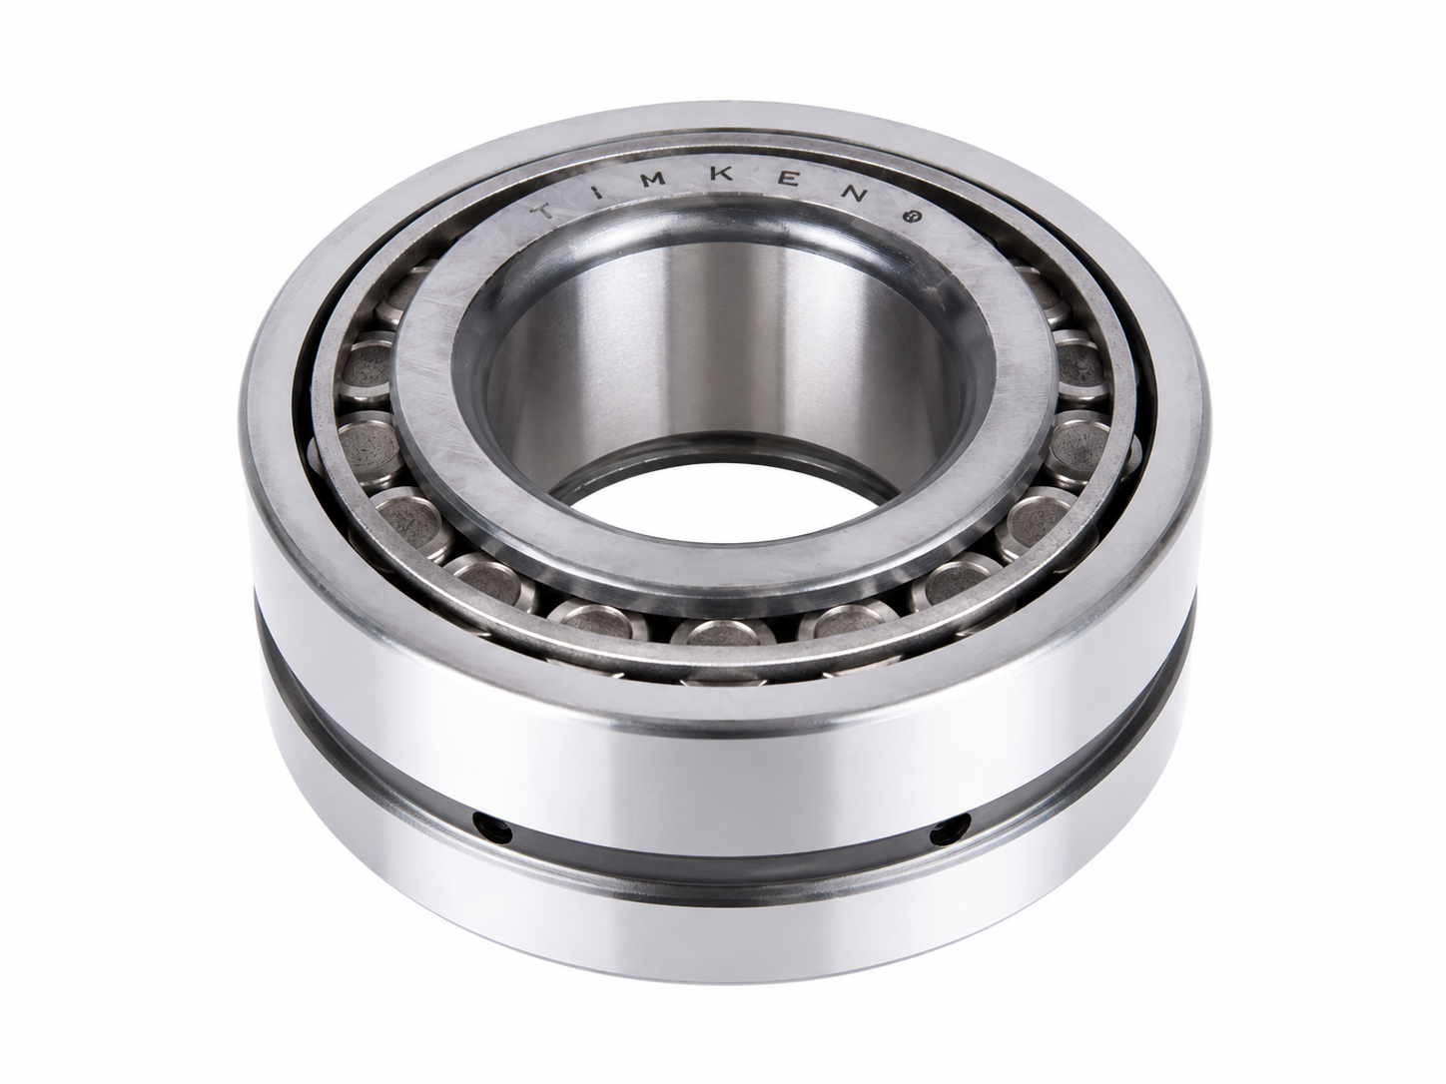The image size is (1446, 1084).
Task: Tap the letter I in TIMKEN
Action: point(598,192)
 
